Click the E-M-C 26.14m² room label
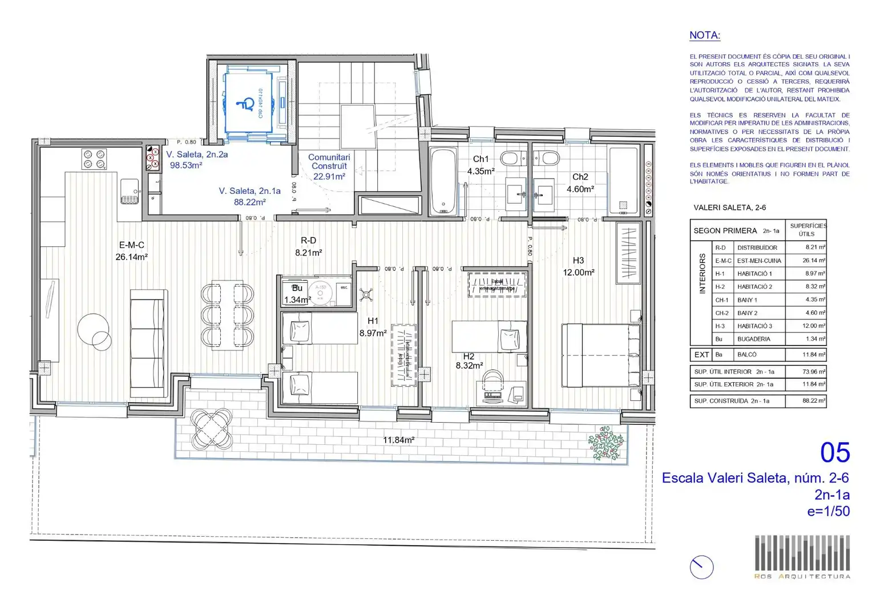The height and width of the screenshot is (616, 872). (x=131, y=251)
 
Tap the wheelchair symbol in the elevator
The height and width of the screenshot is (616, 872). (x=247, y=104)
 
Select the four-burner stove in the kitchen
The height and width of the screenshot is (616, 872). (x=94, y=159)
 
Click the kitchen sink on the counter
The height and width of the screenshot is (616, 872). (x=130, y=191)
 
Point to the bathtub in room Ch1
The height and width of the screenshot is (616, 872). (x=443, y=181)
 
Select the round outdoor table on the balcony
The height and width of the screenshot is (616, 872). (x=212, y=429)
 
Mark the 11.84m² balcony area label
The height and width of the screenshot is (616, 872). (x=398, y=440)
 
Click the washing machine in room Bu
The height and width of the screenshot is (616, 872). (x=320, y=292)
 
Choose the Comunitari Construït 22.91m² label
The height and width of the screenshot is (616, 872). (x=329, y=167)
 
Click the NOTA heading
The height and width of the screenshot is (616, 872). (x=704, y=35)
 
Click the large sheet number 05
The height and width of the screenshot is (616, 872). (x=834, y=453)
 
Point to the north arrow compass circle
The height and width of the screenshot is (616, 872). (x=701, y=568)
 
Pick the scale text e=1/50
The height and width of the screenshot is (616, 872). (x=828, y=511)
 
